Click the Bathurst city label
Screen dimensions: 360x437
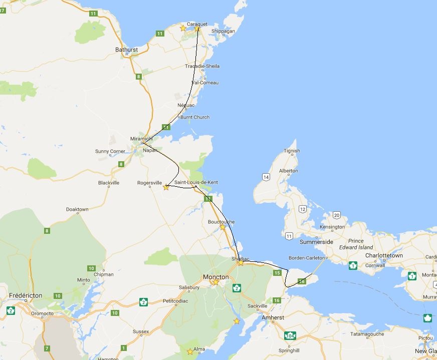pyautogui.click(x=126, y=50)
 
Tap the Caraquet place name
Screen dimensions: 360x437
pyautogui.click(x=197, y=24)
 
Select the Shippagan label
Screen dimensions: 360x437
pyautogui.click(x=223, y=31)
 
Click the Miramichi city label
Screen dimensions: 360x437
pyautogui.click(x=141, y=139)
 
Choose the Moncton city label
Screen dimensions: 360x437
pyautogui.click(x=215, y=276)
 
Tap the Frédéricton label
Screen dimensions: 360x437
pyautogui.click(x=25, y=295)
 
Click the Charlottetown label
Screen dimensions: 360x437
pyautogui.click(x=384, y=255)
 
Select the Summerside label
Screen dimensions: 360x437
pyautogui.click(x=316, y=242)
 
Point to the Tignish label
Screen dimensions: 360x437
pyautogui.click(x=292, y=151)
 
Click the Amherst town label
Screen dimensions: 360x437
pyautogui.click(x=273, y=317)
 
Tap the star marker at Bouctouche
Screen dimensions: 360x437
pyautogui.click(x=223, y=227)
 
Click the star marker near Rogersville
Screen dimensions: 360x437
pyautogui.click(x=166, y=187)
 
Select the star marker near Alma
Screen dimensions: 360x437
pyautogui.click(x=190, y=351)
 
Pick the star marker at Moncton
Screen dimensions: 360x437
pyautogui.click(x=215, y=282)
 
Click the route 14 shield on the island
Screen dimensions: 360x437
pyautogui.click(x=266, y=177)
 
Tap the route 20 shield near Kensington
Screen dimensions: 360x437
pyautogui.click(x=337, y=215)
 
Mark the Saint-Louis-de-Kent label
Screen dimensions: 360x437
pyautogui.click(x=196, y=182)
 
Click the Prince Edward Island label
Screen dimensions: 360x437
pyautogui.click(x=356, y=244)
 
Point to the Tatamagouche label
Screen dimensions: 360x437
pyautogui.click(x=367, y=334)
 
